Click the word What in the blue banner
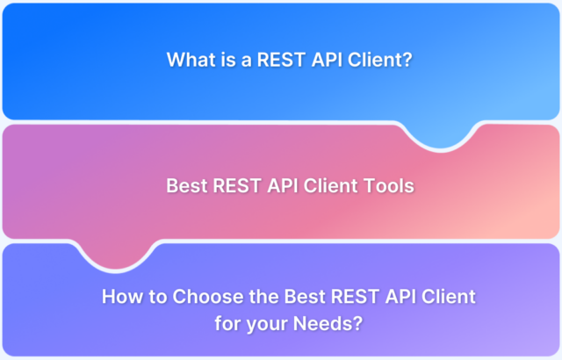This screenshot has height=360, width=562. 189,61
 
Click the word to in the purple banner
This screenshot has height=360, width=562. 148,297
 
